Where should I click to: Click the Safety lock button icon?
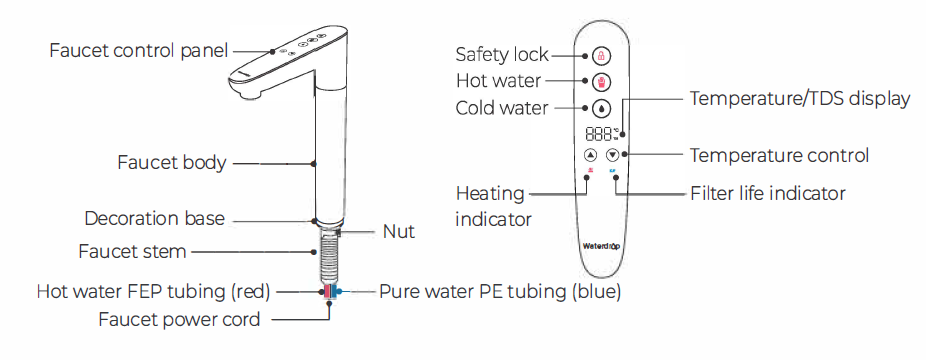[x=601, y=55]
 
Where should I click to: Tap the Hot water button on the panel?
[x=601, y=81]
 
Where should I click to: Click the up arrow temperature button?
[x=590, y=155]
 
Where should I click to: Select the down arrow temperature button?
[x=613, y=155]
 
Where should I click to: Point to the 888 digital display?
[x=600, y=132]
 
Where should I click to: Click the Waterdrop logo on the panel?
[x=601, y=243]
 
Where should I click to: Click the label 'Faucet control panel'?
[x=139, y=49]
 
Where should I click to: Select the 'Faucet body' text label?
[x=171, y=162]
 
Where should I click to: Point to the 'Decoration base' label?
[x=155, y=218]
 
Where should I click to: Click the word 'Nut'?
[x=398, y=232]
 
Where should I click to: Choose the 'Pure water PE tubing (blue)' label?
[x=500, y=292]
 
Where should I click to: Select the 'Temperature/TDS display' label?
[x=800, y=98]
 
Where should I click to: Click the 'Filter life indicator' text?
[x=768, y=192]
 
